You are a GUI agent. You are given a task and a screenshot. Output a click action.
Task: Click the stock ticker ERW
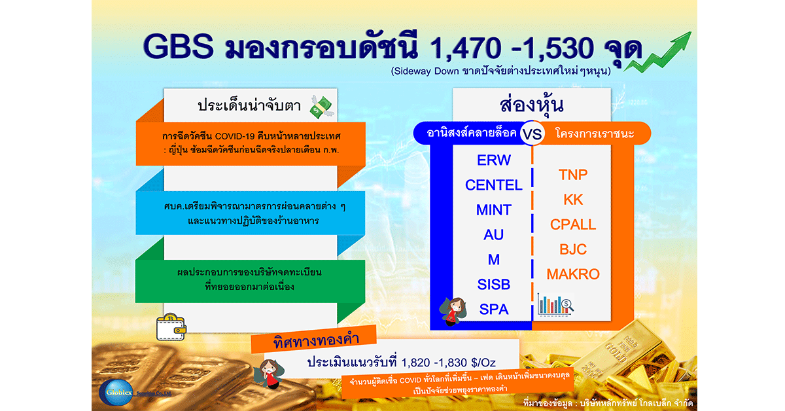coord(494,160)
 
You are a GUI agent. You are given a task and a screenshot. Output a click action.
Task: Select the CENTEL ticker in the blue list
coord(494,185)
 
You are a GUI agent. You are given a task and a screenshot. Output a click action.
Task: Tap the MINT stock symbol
coord(494,210)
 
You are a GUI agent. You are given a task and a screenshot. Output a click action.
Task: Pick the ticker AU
coord(494,234)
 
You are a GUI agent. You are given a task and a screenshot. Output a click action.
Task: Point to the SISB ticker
coord(494,285)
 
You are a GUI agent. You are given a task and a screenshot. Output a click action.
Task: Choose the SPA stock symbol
coord(494,310)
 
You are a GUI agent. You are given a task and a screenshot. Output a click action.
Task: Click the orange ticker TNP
coord(573,175)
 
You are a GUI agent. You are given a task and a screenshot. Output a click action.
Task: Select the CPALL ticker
coord(573,224)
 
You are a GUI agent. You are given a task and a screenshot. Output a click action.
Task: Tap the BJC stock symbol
coord(573,249)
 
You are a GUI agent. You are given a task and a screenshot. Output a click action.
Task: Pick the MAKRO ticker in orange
coord(573,274)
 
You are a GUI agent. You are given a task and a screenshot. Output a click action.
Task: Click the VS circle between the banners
coord(532,134)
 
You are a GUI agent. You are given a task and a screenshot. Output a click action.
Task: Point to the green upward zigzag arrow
coord(659,52)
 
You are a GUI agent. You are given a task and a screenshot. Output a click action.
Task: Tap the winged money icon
coord(322,107)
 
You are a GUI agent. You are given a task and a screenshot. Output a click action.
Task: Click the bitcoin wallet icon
coord(171,327)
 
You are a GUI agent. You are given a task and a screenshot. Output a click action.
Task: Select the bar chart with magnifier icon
coord(555,304)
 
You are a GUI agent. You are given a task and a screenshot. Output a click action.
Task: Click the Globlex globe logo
coord(116,393)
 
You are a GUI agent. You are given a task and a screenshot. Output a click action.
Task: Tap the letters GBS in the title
coord(179,46)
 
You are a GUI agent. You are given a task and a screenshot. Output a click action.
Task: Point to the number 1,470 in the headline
coord(465,48)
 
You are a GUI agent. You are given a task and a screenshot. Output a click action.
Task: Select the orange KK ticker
coord(573,200)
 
